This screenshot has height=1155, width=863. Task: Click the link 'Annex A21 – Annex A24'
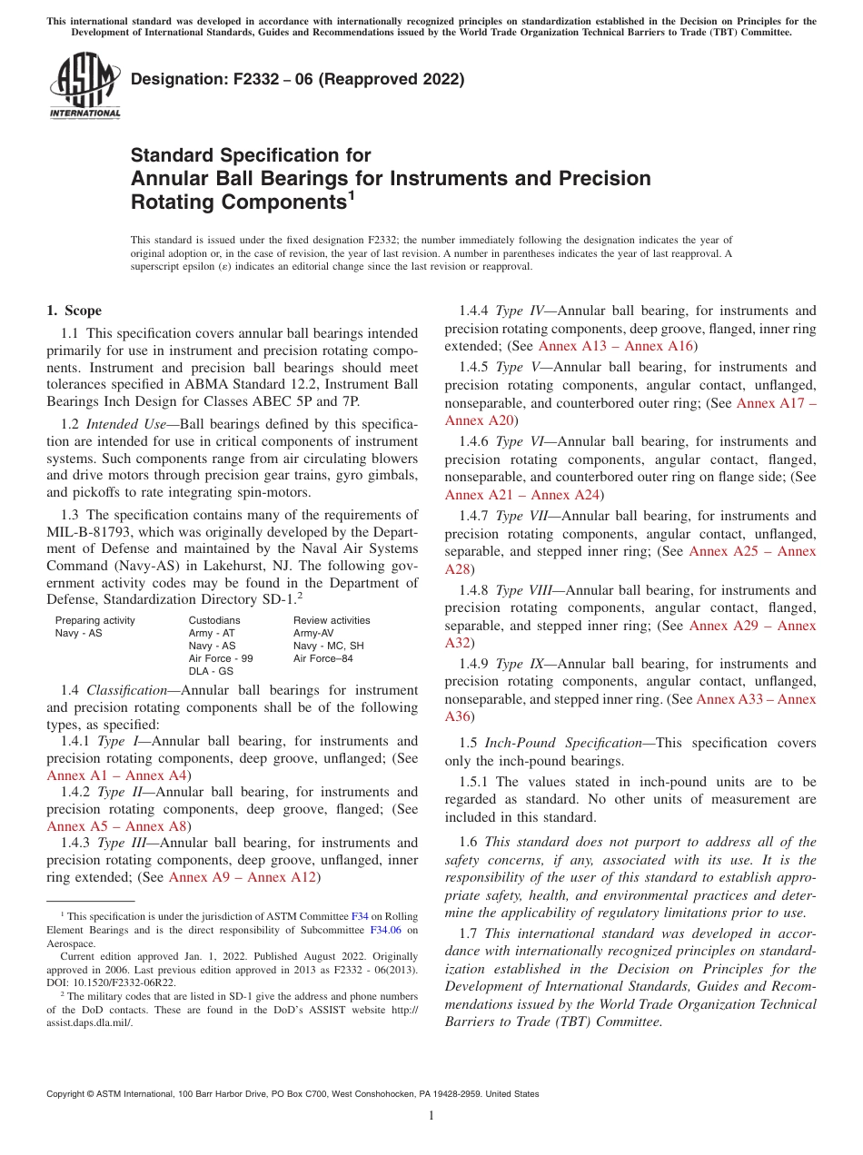(x=521, y=494)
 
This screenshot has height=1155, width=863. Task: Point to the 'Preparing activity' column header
(x=95, y=620)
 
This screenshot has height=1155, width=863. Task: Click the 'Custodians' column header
(x=214, y=620)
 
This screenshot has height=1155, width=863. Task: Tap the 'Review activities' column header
(x=332, y=620)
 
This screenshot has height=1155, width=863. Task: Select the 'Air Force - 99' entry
(x=221, y=658)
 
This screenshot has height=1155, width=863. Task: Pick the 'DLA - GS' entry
(x=211, y=671)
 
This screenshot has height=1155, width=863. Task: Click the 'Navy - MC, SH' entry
(x=328, y=646)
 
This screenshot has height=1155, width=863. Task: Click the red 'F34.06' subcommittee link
(x=385, y=930)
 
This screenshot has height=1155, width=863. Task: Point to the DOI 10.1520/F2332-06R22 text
(x=111, y=982)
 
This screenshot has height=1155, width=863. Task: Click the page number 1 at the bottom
(x=431, y=1116)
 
